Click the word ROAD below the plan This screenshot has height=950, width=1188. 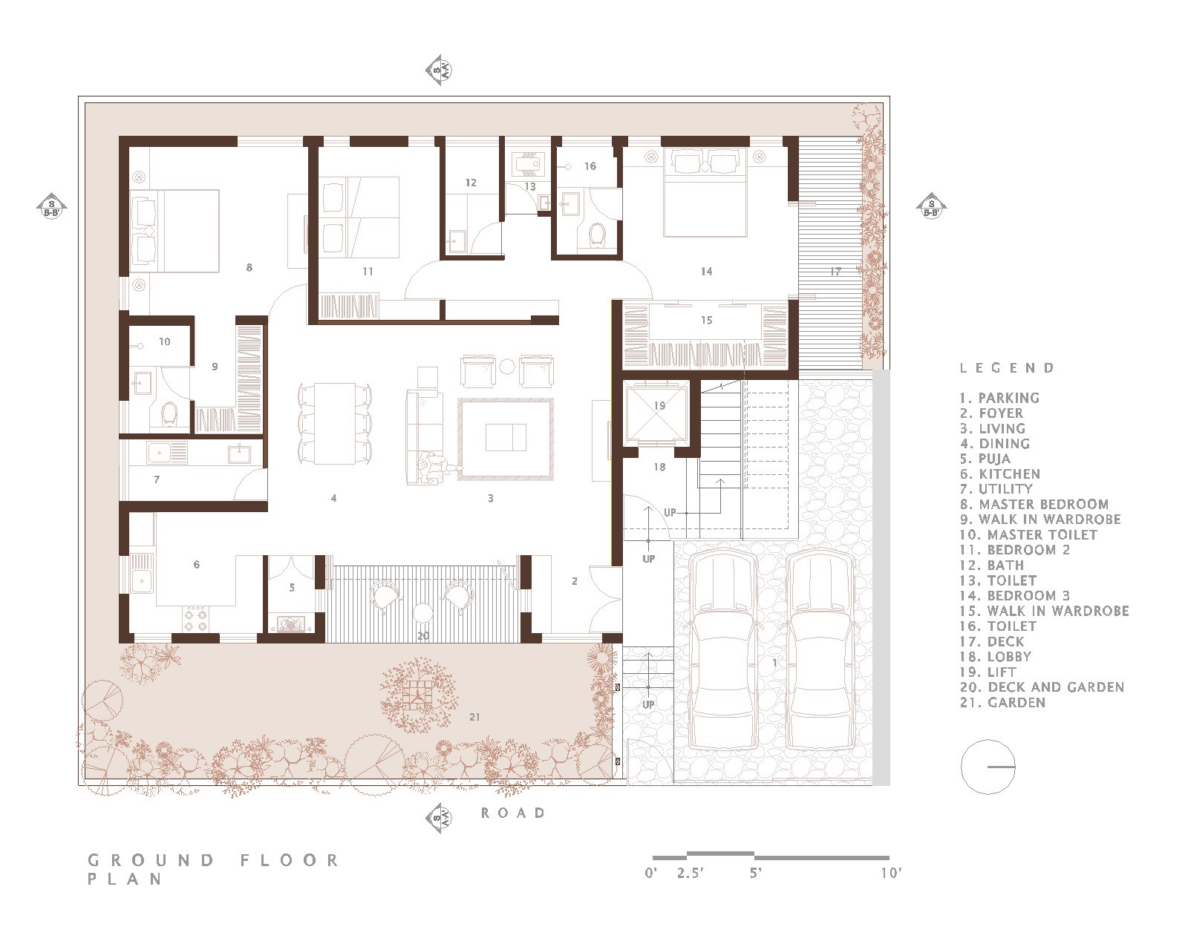pyautogui.click(x=513, y=813)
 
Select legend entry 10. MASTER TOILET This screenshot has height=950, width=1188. pyautogui.click(x=1028, y=535)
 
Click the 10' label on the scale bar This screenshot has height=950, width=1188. pyautogui.click(x=891, y=874)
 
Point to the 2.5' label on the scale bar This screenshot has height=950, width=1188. pyautogui.click(x=691, y=874)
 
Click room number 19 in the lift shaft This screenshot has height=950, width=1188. pyautogui.click(x=659, y=406)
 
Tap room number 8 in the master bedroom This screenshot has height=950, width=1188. pyautogui.click(x=249, y=268)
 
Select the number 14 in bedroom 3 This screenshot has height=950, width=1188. pyautogui.click(x=707, y=272)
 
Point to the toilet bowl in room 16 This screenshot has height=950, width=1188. pyautogui.click(x=597, y=234)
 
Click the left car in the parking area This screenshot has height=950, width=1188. pyautogui.click(x=723, y=652)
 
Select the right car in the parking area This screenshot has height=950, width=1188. pyautogui.click(x=819, y=652)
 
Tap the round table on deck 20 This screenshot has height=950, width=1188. pyautogui.click(x=423, y=613)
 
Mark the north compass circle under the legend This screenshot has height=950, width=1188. pyautogui.click(x=988, y=767)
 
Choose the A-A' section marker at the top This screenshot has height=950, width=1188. pyautogui.click(x=440, y=70)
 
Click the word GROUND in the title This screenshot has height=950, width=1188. pyautogui.click(x=151, y=861)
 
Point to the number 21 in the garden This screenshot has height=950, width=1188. pyautogui.click(x=474, y=717)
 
